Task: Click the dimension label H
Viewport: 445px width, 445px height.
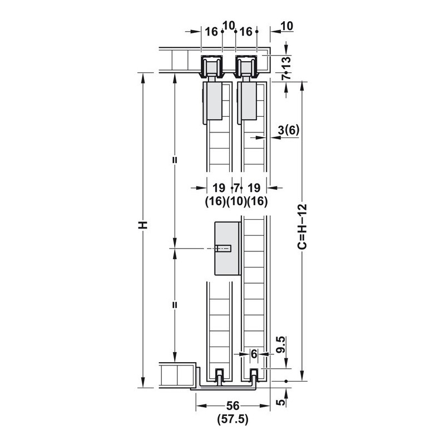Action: click(143, 225)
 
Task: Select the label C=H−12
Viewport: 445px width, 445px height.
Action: click(302, 226)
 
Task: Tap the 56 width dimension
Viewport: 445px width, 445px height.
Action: click(233, 406)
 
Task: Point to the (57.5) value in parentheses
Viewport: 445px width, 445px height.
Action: click(233, 419)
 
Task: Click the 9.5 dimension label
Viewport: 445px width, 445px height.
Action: click(280, 344)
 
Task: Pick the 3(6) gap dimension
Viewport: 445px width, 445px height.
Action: click(289, 130)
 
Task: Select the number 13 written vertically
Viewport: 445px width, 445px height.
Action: click(287, 62)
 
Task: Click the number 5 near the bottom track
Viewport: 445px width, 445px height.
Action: click(281, 402)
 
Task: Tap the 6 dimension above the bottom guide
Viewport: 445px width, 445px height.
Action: click(254, 354)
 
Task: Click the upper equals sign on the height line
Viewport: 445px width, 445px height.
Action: click(175, 160)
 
